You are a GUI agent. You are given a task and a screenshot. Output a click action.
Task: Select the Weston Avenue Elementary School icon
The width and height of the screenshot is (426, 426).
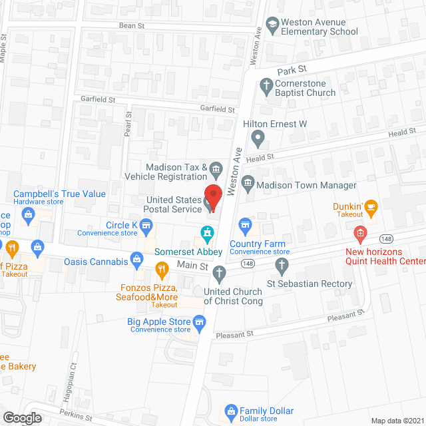click(x=272, y=25)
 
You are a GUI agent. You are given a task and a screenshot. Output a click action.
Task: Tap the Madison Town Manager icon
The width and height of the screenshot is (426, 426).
click(x=248, y=182)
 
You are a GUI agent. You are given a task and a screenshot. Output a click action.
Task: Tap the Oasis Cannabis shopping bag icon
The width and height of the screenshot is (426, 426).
click(x=137, y=258)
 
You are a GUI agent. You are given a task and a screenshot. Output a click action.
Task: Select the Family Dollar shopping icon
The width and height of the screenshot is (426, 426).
click(x=231, y=411)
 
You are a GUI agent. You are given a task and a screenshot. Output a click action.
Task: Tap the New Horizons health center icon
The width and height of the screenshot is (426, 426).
click(x=360, y=233)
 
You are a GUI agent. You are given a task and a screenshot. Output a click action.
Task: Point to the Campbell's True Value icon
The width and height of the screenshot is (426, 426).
click(x=28, y=214)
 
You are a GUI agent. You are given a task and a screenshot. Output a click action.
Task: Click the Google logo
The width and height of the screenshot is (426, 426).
click(x=22, y=418)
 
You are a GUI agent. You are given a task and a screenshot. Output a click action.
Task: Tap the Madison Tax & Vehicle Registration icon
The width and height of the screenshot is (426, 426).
click(x=216, y=167)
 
